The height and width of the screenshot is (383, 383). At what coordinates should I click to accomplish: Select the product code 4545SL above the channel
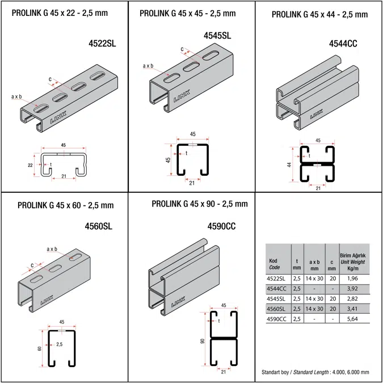(217, 36)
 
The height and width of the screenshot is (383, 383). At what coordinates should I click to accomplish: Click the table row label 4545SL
(277, 299)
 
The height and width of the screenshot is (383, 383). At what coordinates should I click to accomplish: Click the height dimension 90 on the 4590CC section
(201, 342)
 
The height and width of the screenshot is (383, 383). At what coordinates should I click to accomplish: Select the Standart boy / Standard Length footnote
(315, 372)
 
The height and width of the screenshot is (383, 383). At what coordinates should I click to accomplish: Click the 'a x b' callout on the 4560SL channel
(52, 249)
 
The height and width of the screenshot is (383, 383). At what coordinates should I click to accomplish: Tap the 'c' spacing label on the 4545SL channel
(182, 49)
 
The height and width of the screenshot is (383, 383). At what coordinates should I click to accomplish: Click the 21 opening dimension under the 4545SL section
(192, 183)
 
